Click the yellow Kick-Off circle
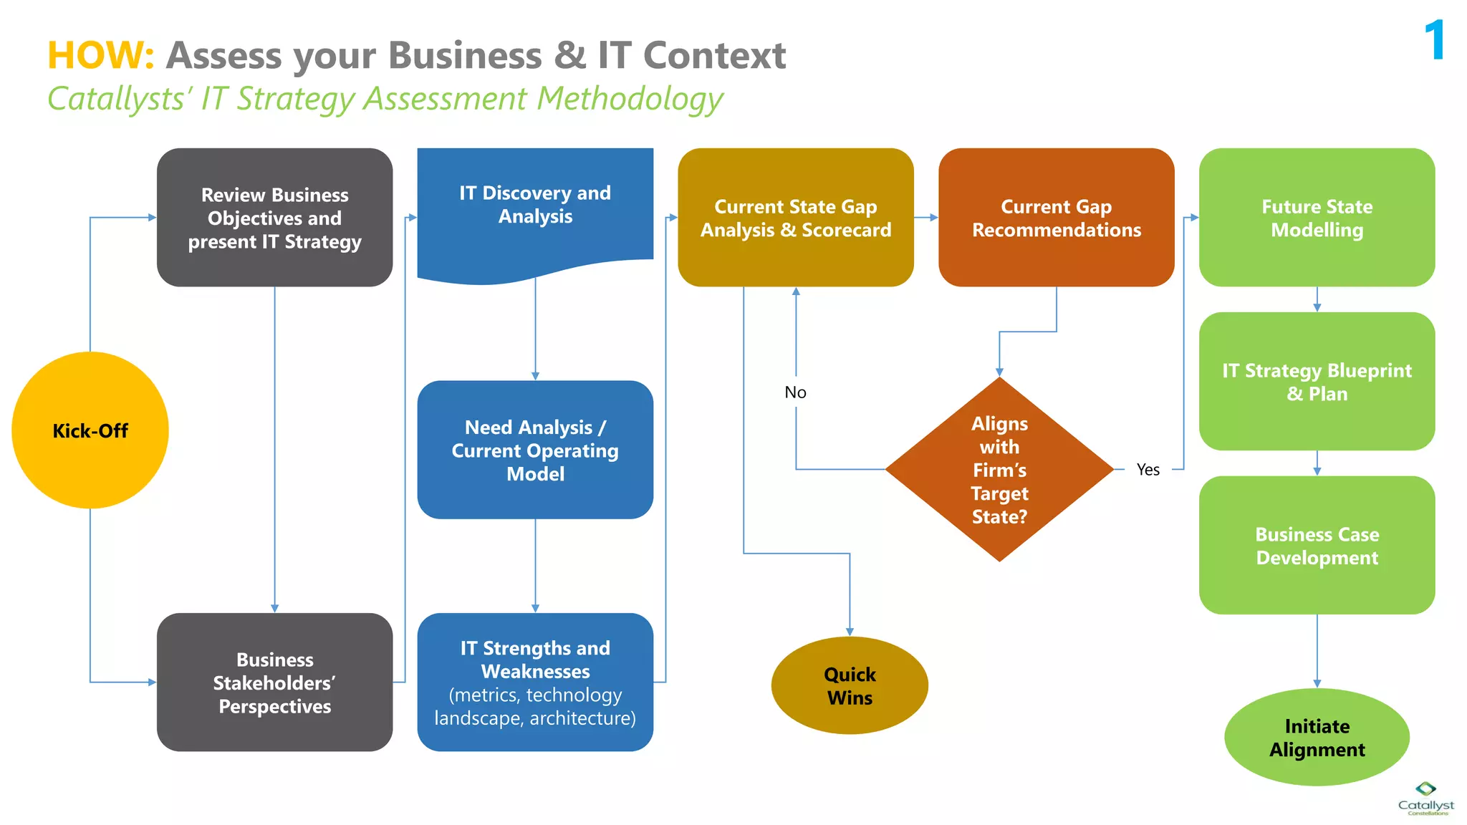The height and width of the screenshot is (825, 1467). (90, 430)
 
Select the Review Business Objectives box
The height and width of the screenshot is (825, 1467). (274, 218)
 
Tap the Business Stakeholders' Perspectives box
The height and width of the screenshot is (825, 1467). (274, 682)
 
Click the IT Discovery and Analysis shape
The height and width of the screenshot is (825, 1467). (535, 208)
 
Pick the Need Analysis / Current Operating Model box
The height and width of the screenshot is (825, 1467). (535, 450)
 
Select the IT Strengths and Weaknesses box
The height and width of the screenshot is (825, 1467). (535, 682)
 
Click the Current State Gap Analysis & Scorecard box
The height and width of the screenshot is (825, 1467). (795, 218)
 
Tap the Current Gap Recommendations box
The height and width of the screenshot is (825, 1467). (1056, 218)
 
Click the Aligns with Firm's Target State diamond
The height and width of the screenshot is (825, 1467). (999, 470)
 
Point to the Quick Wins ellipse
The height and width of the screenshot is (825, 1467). (850, 685)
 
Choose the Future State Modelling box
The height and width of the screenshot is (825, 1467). (1317, 218)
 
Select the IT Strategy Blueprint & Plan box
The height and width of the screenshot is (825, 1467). (1317, 381)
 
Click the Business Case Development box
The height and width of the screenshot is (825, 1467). (1317, 545)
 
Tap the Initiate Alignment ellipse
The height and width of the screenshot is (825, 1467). (1317, 737)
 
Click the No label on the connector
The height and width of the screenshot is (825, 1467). (795, 392)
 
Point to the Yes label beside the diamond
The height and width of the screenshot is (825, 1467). (1148, 470)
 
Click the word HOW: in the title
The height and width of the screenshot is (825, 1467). (100, 56)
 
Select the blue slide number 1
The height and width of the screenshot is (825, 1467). (1435, 40)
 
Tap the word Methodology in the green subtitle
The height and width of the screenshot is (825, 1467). (630, 99)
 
